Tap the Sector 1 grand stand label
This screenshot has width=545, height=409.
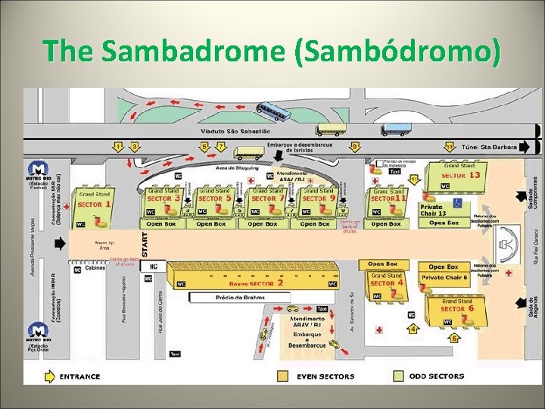point(95,204)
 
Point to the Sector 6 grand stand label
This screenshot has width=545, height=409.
point(457,308)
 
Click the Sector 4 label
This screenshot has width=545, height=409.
point(387,283)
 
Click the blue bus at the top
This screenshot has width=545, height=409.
point(273,112)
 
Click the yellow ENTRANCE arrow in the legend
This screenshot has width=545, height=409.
point(48,376)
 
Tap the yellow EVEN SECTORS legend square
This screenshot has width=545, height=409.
point(283,376)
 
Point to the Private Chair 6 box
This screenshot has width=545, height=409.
point(444,278)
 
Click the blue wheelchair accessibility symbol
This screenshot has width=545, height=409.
point(457,203)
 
